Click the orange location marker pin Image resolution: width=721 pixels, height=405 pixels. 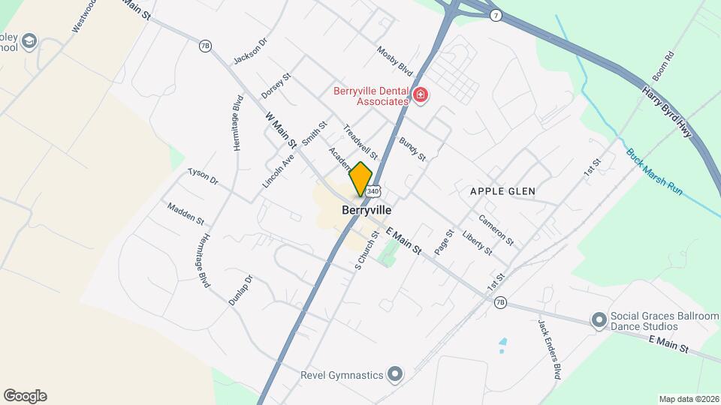[x=361, y=178]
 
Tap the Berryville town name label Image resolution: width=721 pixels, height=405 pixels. [x=367, y=211]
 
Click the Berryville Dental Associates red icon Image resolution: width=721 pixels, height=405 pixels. [x=421, y=95]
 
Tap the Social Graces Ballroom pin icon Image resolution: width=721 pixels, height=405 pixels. [x=599, y=321]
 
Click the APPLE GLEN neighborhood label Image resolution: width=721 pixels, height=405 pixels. [x=502, y=191]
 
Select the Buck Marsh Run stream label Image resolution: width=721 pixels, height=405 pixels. [x=654, y=172]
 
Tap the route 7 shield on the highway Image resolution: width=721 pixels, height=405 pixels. [x=495, y=15]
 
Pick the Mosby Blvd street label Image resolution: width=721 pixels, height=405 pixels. [x=395, y=58]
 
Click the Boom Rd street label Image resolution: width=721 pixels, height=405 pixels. [x=670, y=67]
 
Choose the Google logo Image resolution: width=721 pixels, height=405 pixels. [x=25, y=396]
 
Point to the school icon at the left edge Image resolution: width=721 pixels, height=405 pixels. [x=29, y=40]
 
